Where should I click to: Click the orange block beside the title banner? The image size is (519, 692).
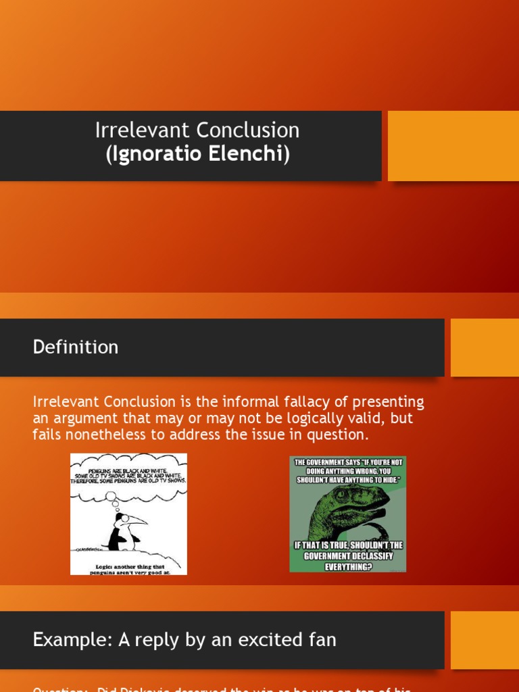click(453, 146)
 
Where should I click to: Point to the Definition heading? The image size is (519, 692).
click(75, 347)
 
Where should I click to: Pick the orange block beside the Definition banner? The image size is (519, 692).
click(485, 347)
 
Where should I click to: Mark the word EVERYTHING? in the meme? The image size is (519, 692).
click(348, 566)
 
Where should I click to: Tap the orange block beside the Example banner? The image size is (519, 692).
click(485, 639)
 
